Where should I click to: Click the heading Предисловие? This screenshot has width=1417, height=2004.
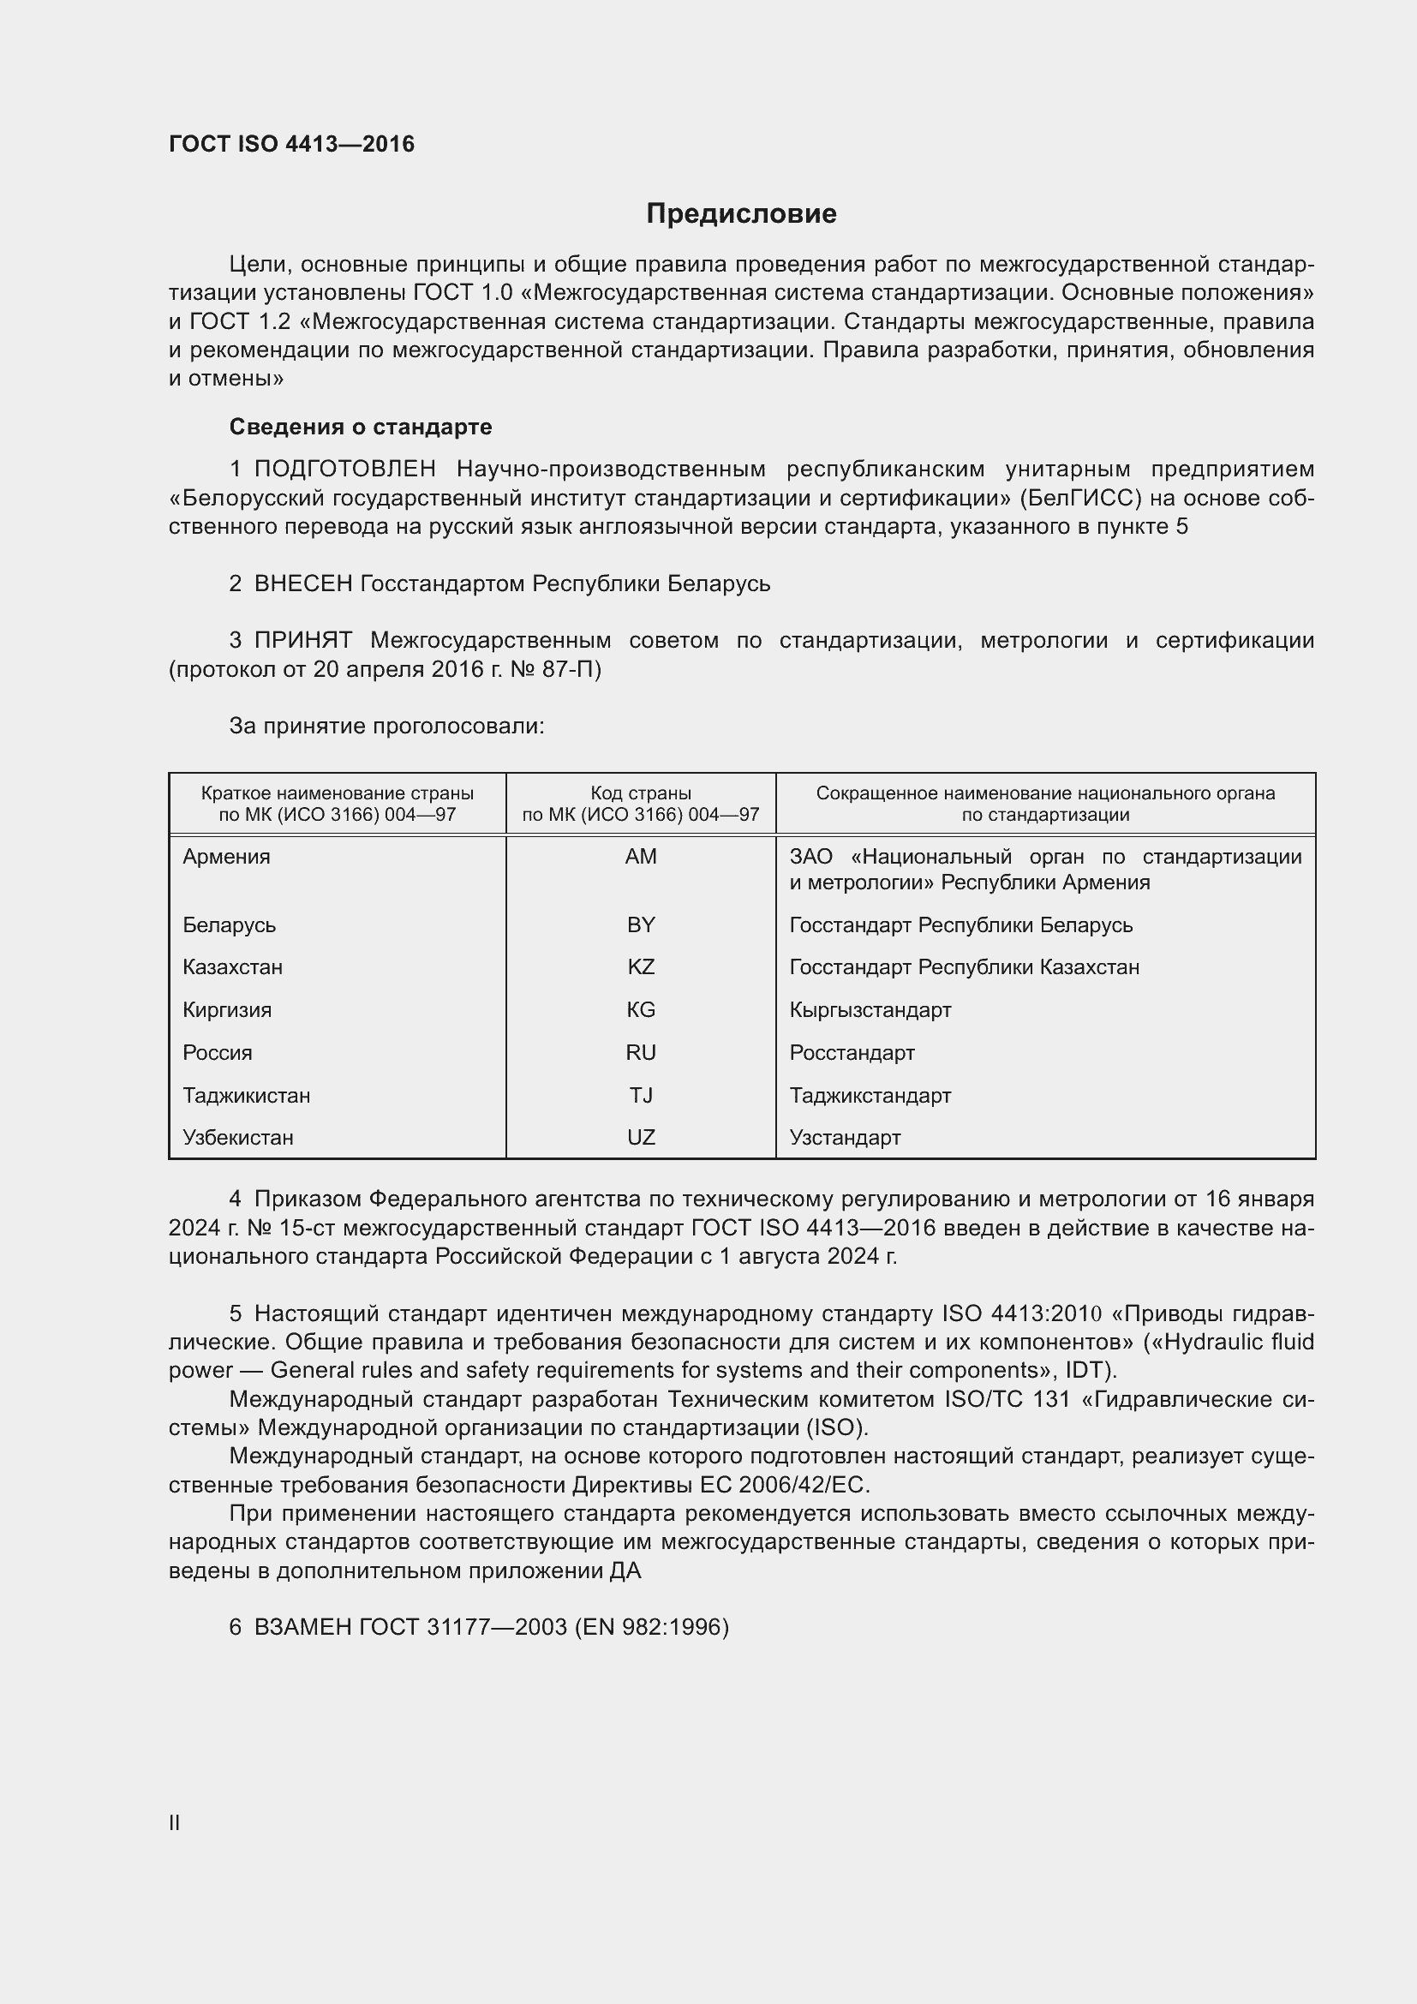coord(741,214)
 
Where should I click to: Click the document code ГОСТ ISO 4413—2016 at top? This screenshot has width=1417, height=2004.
coord(291,144)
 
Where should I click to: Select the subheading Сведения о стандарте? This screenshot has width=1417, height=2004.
coord(361,427)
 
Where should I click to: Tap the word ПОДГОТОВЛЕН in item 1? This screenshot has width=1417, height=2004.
coord(344,470)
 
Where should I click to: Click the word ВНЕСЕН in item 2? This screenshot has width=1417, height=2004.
coord(302,584)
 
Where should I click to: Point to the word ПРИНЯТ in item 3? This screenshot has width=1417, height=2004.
coord(302,641)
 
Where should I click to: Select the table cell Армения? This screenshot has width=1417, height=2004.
coord(227,857)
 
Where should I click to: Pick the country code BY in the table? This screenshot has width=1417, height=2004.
coord(641,925)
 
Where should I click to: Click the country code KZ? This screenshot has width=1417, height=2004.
coord(641,968)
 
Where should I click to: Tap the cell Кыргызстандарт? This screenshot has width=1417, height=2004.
coord(870,1011)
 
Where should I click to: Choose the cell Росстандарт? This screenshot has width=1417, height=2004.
coord(852,1054)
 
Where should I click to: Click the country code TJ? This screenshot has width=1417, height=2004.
coord(641,1096)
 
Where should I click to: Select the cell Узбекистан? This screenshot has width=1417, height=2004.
coord(238,1138)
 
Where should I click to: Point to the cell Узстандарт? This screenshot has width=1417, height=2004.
coord(845,1138)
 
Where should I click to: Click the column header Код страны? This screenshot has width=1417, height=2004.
coord(641,793)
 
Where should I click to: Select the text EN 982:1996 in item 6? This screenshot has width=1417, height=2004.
coord(651,1628)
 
